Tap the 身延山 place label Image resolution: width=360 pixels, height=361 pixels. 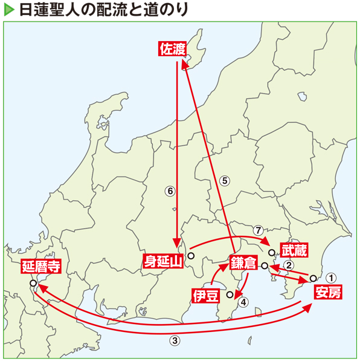click(x=163, y=261)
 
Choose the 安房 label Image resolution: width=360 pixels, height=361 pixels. click(x=328, y=293)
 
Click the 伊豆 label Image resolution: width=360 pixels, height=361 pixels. click(x=204, y=295)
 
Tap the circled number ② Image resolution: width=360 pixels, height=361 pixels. click(x=289, y=265)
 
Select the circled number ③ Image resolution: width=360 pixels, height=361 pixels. click(x=175, y=340)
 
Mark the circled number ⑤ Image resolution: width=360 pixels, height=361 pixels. click(x=223, y=180)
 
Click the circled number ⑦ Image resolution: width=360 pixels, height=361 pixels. click(x=257, y=230)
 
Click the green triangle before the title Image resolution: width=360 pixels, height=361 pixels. click(x=8, y=10)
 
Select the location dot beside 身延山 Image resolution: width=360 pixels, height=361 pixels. click(x=190, y=256)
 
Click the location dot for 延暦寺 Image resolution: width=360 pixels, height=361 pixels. click(x=33, y=282)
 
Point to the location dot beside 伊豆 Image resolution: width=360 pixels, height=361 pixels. click(x=230, y=295)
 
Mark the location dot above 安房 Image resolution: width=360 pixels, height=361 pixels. click(x=313, y=278)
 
